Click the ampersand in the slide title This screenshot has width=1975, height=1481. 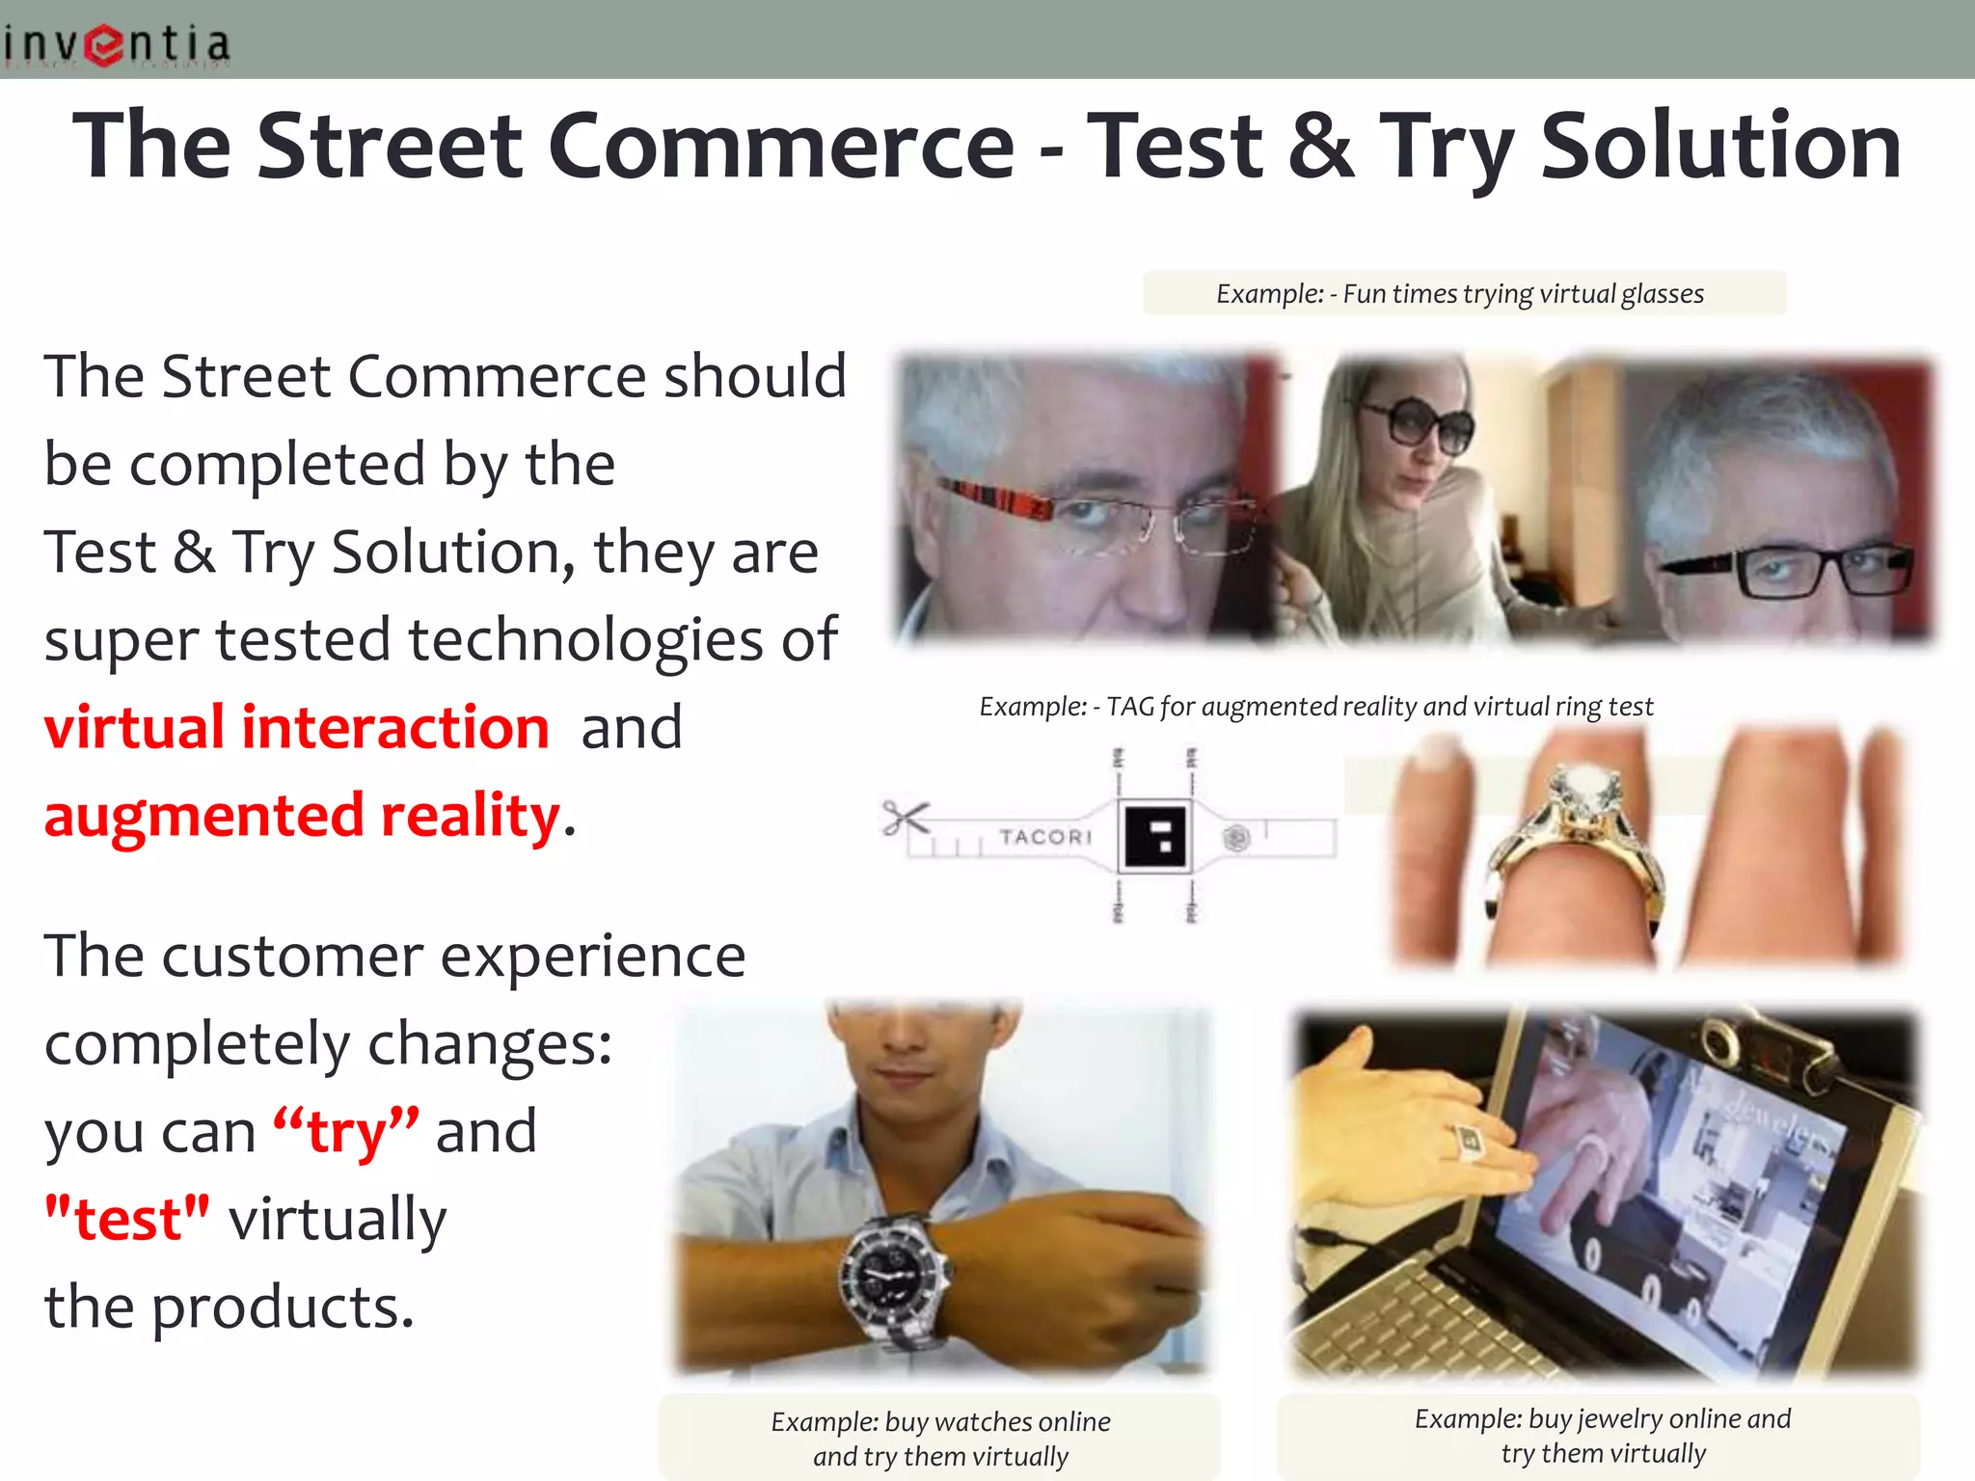1320,146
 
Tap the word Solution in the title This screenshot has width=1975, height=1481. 1720,146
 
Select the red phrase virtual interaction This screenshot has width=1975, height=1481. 297,727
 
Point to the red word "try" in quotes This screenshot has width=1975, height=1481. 346,1132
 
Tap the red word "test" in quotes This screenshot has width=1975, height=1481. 126,1220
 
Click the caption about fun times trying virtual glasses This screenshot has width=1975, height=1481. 1461,293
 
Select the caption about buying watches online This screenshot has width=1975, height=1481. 940,1438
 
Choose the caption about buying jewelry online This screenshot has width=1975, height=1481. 1602,1435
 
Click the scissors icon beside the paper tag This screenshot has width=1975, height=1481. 905,820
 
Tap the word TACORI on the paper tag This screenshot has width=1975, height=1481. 1045,837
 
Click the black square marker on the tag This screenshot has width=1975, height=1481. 1154,835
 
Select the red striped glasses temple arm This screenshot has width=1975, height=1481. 993,498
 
